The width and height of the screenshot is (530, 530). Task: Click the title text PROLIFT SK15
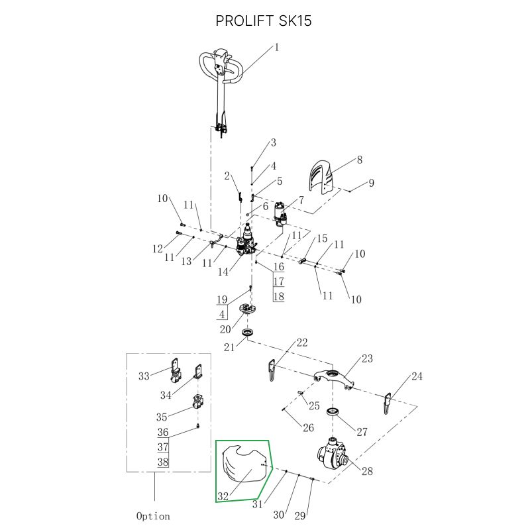click(264, 21)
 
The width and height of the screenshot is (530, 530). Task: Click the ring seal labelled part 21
click(248, 331)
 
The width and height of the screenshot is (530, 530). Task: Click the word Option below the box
click(153, 515)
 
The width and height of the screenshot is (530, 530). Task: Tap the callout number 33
click(144, 376)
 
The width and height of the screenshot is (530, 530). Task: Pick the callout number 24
click(416, 377)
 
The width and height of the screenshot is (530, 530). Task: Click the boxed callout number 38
click(162, 462)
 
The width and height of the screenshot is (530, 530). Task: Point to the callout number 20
click(225, 329)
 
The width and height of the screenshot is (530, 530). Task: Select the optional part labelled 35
click(197, 401)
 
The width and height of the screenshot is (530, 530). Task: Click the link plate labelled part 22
click(272, 370)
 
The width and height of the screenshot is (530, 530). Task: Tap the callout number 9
click(372, 183)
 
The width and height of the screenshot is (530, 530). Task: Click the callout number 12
click(158, 249)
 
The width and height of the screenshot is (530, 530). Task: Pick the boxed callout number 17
click(278, 282)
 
